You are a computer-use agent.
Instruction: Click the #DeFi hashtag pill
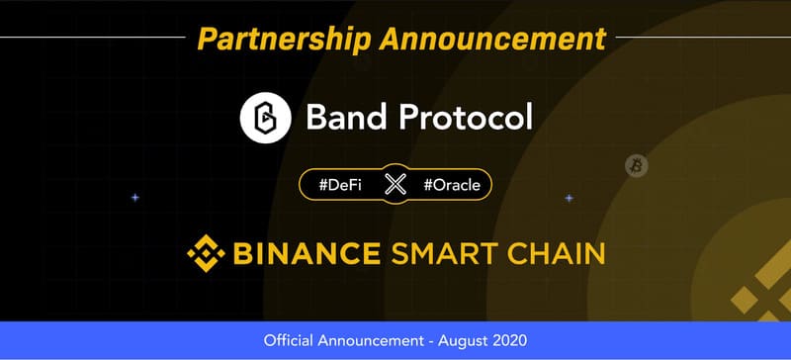pos(340,184)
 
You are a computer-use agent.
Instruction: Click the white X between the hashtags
pos(395,184)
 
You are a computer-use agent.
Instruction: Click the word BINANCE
pos(306,253)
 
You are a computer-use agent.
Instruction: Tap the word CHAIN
pos(556,253)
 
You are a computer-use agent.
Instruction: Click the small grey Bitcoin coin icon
pos(635,166)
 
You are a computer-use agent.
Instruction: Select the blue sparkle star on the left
pos(135,198)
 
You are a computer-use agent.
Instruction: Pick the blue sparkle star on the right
pos(569,198)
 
